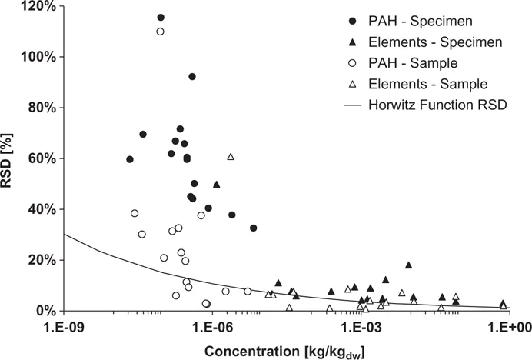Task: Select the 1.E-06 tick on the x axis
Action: pyautogui.click(x=211, y=326)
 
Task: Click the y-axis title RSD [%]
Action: pyautogui.click(x=11, y=158)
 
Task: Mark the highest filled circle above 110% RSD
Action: pyautogui.click(x=161, y=18)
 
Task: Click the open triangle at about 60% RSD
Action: pyautogui.click(x=231, y=157)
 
